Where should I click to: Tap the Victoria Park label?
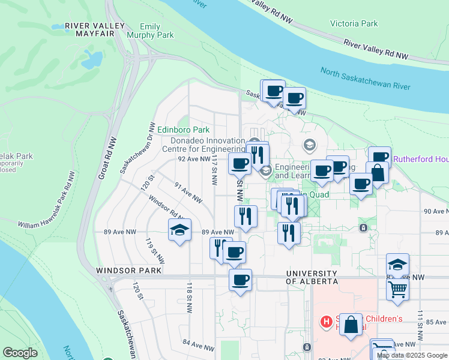coord(354,23)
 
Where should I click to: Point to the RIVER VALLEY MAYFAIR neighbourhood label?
coord(95,29)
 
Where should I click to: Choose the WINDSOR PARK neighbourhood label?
coord(128,271)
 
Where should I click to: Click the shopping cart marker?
coord(397,289)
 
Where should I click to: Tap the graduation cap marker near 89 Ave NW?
coord(179,230)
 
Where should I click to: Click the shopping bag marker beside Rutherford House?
coord(377,172)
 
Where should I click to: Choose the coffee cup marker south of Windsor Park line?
coord(240,280)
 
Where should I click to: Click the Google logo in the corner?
coord(20,353)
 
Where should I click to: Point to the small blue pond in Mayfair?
coord(92,58)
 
